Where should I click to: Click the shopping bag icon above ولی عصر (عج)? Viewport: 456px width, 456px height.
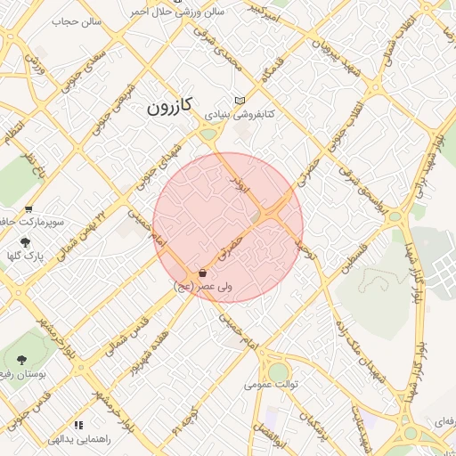[x=203, y=273]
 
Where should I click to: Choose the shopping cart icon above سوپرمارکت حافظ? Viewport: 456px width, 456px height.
[x=28, y=210]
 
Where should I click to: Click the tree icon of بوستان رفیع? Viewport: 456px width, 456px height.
[x=20, y=360]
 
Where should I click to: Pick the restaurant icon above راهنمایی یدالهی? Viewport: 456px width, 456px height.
[x=78, y=426]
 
